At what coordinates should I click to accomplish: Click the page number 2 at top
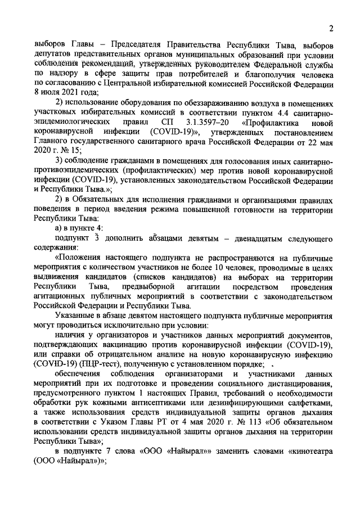[332, 29]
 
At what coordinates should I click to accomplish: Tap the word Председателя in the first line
[139, 44]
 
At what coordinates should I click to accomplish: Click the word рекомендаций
[119, 65]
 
